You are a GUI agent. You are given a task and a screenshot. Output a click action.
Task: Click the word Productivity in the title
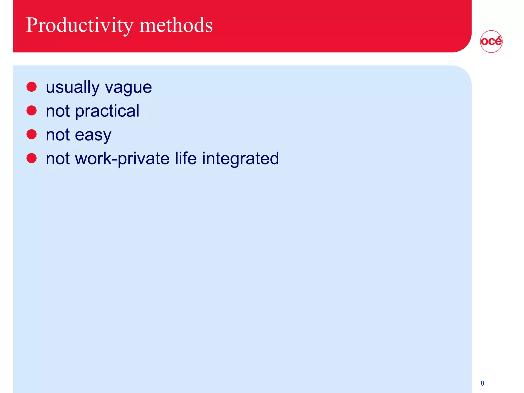click(x=80, y=26)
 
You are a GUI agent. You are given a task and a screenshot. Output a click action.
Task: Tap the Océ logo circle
click(x=491, y=41)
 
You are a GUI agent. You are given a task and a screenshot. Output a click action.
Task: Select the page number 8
click(x=482, y=383)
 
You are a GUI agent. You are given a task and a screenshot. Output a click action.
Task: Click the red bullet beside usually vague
click(x=31, y=87)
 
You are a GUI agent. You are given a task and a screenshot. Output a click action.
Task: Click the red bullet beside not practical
click(x=31, y=111)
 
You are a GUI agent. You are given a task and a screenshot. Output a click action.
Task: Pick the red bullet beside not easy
click(x=31, y=134)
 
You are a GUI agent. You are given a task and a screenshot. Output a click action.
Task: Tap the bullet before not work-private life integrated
click(x=31, y=158)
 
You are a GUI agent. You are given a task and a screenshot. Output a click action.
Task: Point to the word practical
click(x=107, y=111)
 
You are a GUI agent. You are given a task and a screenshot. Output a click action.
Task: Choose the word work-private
click(x=122, y=159)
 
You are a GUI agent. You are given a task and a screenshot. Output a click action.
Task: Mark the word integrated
click(x=240, y=159)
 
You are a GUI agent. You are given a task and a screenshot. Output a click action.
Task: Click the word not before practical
click(x=58, y=111)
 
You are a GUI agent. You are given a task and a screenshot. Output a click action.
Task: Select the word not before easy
click(x=58, y=135)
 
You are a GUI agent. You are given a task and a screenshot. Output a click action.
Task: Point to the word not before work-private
click(x=58, y=159)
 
